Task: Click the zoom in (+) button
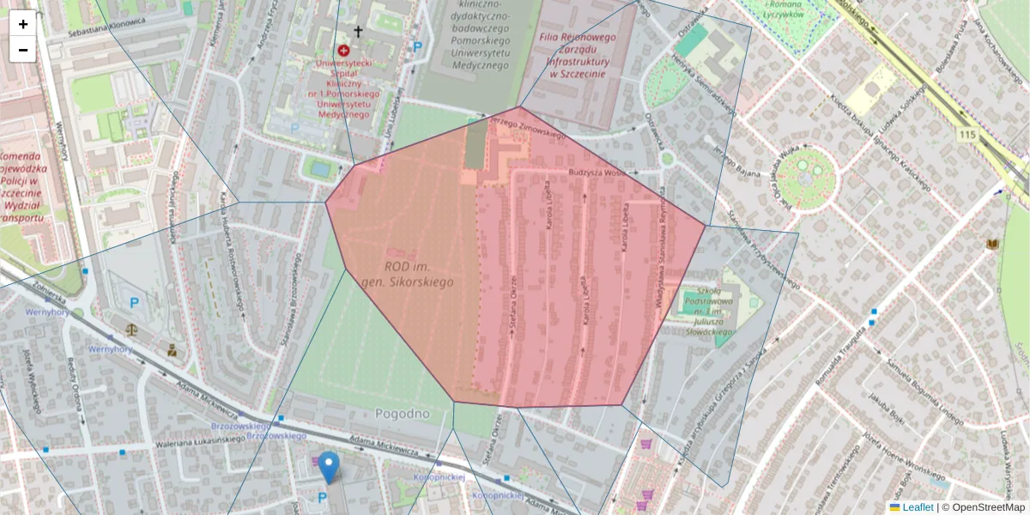pyautogui.click(x=23, y=24)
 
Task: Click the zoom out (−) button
pyautogui.click(x=23, y=50)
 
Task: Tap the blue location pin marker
pyautogui.click(x=329, y=466)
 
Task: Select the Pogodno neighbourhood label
pyautogui.click(x=403, y=414)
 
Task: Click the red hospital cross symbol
pyautogui.click(x=343, y=51)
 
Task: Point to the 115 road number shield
pyautogui.click(x=969, y=135)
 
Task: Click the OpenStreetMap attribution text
pyautogui.click(x=988, y=507)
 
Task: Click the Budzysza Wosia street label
pyautogui.click(x=598, y=173)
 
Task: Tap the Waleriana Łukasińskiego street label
pyautogui.click(x=201, y=442)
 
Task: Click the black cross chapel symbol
pyautogui.click(x=358, y=32)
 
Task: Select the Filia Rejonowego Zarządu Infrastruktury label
pyautogui.click(x=578, y=56)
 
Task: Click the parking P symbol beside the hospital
pyautogui.click(x=418, y=48)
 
